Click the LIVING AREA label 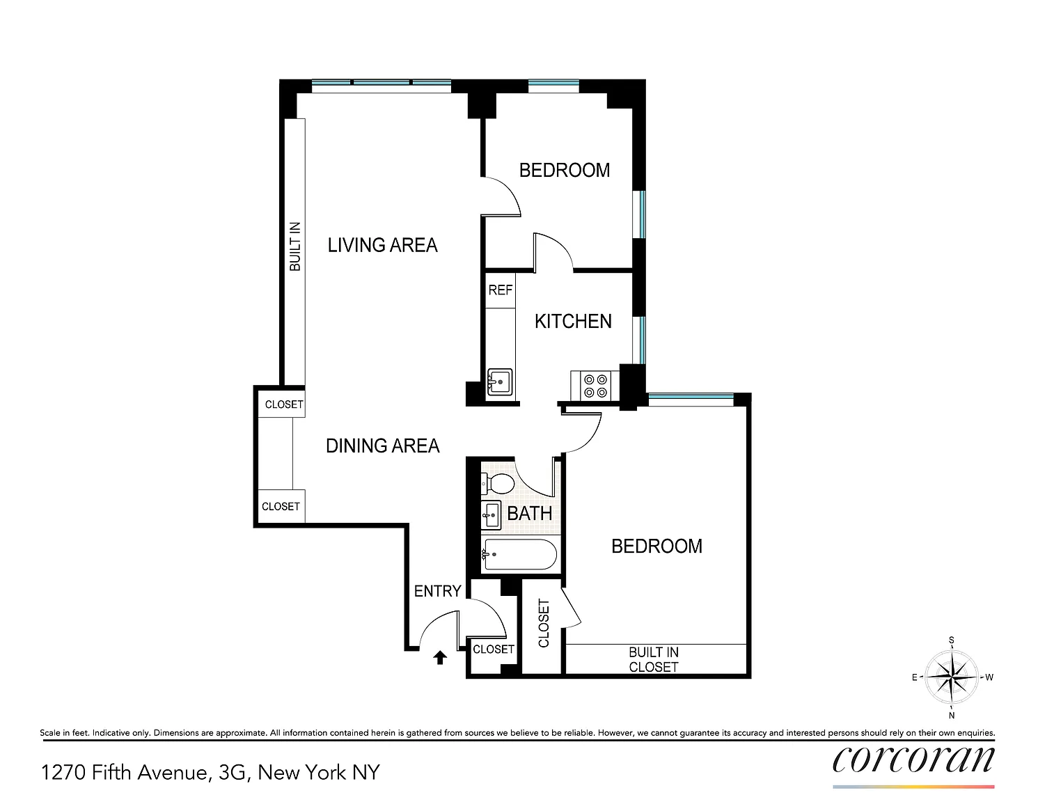[x=383, y=245]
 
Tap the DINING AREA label [x=383, y=446]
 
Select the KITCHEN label [x=573, y=322]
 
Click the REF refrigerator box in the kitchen [x=501, y=290]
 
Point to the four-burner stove [x=596, y=386]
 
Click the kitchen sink [x=500, y=382]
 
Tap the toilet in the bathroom [x=497, y=484]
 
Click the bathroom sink [x=491, y=515]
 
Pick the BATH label [x=530, y=514]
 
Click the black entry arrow [x=440, y=658]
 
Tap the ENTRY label [x=438, y=591]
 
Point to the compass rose [x=952, y=677]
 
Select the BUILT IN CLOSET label [x=654, y=660]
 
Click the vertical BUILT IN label [x=295, y=246]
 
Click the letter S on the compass [x=952, y=640]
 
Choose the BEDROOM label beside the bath [x=656, y=546]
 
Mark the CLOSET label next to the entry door [x=494, y=649]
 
